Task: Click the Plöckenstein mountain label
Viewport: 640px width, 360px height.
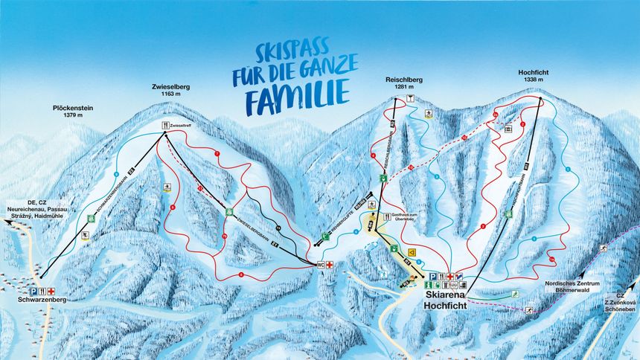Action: coord(72,107)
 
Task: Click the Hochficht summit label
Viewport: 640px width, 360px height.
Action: coord(533,72)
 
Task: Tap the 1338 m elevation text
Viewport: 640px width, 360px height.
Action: coord(533,80)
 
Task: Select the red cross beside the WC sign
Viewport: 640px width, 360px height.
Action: coord(330,263)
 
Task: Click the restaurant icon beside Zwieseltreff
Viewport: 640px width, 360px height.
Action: coord(166,126)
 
